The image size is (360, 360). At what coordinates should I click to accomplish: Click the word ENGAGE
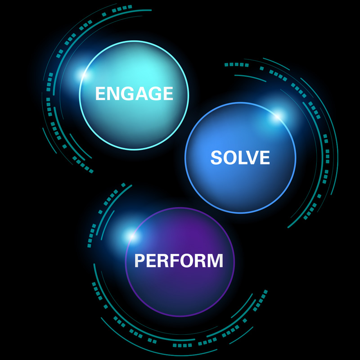134,94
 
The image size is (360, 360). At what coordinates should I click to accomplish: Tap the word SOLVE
240,158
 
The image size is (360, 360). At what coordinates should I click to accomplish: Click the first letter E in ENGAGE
100,94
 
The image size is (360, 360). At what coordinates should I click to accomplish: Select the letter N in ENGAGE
112,94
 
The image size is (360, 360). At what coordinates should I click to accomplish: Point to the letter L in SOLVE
243,158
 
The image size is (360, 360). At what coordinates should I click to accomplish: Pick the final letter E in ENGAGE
168,94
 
